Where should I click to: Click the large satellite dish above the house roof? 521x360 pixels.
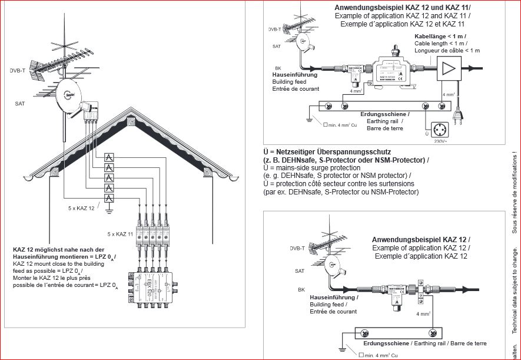[69, 94]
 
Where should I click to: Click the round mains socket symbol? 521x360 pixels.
[439, 129]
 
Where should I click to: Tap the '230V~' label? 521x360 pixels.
[442, 141]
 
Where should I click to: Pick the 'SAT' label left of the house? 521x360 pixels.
[19, 103]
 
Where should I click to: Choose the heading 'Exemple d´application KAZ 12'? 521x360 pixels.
[420, 256]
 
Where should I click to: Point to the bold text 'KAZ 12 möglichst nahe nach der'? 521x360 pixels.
[58, 250]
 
